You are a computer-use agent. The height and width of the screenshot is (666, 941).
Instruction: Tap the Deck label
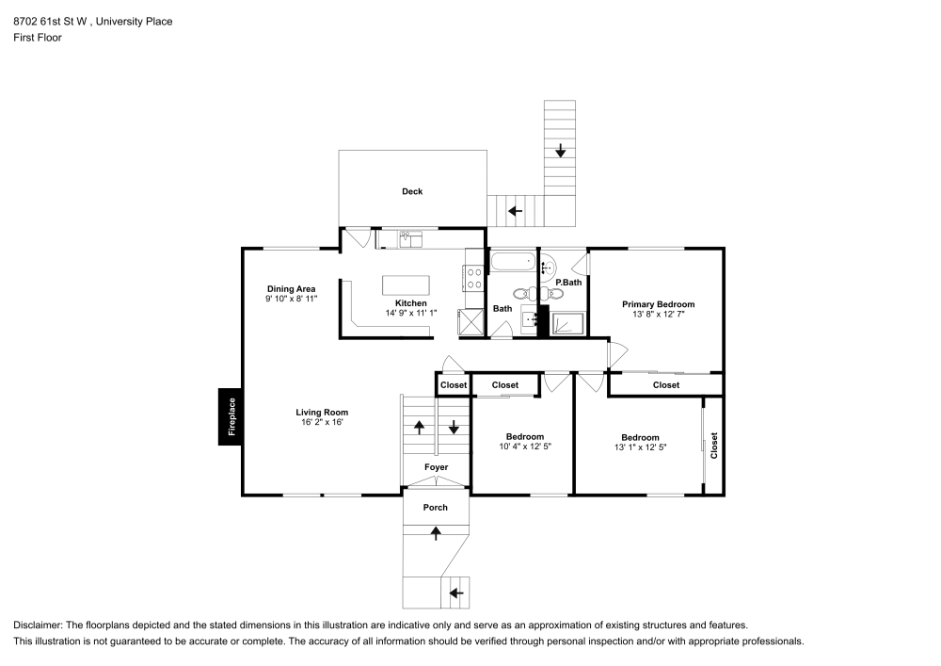[x=412, y=191]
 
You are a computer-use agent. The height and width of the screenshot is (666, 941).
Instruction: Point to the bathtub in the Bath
[x=513, y=261]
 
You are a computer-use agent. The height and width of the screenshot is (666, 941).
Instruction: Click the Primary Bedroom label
[x=658, y=304]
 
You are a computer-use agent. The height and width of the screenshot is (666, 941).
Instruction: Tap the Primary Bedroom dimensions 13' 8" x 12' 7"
[x=658, y=315]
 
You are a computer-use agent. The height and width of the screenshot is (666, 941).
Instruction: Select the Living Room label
[x=322, y=412]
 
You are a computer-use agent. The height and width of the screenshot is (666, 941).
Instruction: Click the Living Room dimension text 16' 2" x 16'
[x=322, y=422]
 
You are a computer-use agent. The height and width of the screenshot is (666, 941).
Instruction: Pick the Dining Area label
[x=291, y=288]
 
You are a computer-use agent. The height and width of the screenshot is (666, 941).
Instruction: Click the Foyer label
[x=436, y=467]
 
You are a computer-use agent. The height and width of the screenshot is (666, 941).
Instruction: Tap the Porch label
[x=435, y=508]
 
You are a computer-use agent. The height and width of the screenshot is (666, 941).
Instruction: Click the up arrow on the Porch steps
[x=436, y=533]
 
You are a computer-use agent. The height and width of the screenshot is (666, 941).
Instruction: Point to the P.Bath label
[x=568, y=283]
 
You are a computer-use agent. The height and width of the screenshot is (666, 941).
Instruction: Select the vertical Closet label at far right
[x=714, y=445]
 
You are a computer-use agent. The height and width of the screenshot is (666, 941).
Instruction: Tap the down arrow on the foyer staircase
[x=454, y=428]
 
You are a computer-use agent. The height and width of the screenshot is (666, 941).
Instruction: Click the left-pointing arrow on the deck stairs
[x=515, y=210]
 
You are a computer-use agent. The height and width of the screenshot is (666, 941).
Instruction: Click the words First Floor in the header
[x=38, y=38]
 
